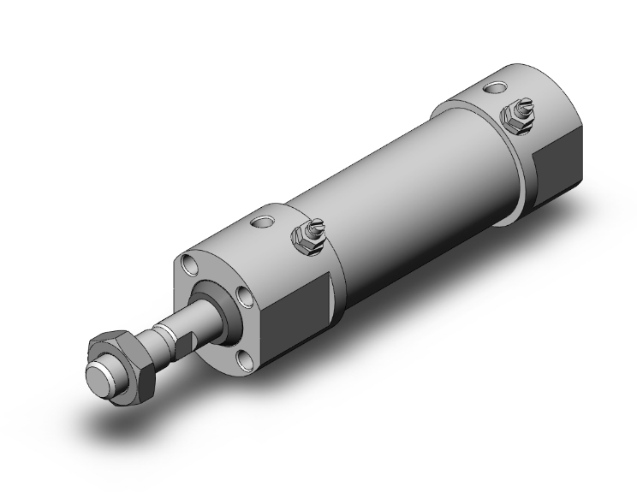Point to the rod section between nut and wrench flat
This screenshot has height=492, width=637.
(157, 337)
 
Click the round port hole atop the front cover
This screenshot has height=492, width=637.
(262, 225)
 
